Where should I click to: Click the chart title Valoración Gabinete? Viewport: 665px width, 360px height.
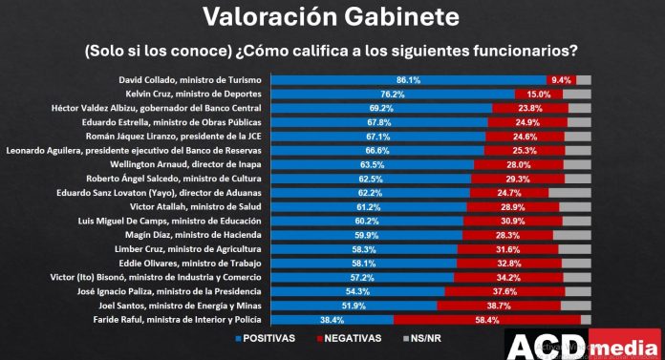tap(332, 16)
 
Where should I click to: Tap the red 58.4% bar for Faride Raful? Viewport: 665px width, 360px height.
tap(486, 319)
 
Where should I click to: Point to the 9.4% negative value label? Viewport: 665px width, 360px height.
tap(560, 81)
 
